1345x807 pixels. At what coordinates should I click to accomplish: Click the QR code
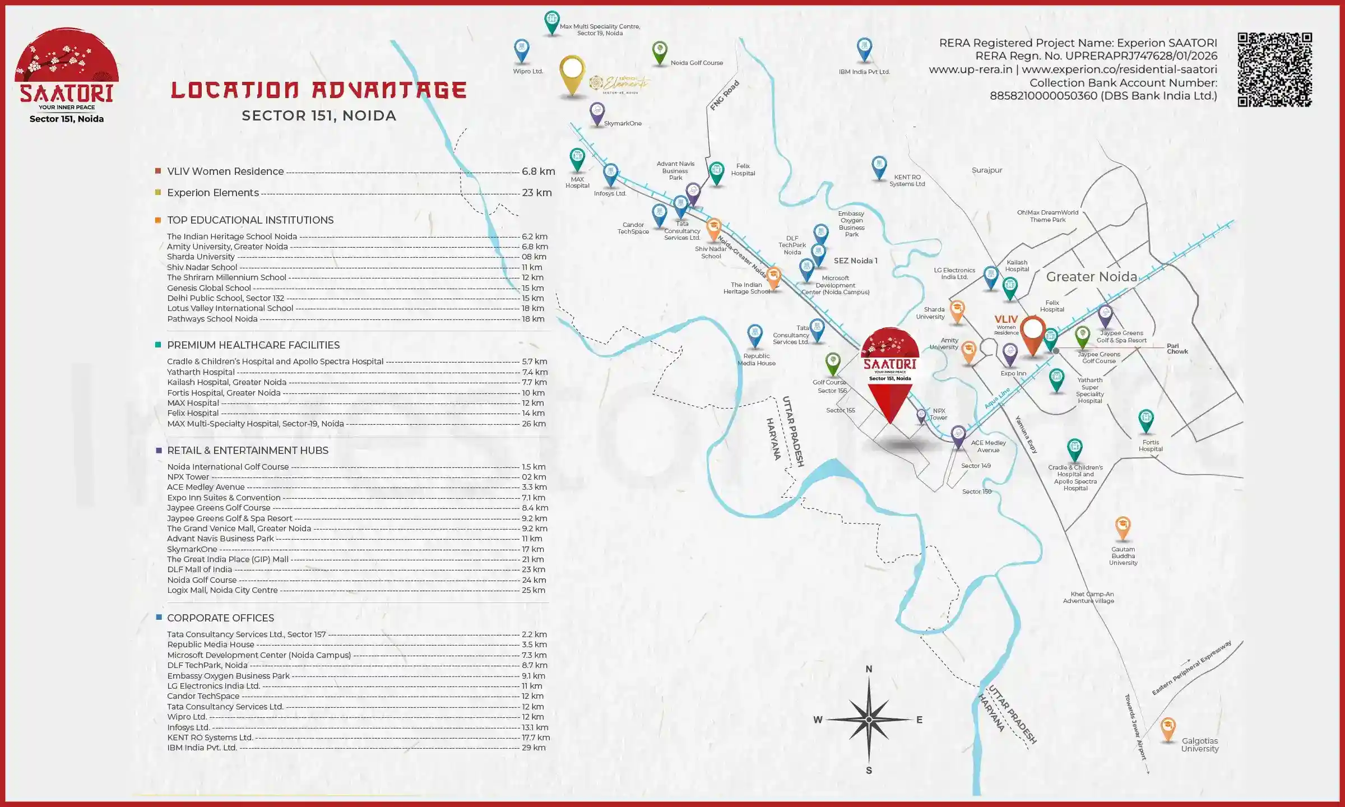click(1274, 69)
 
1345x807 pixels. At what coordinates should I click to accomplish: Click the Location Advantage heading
click(318, 90)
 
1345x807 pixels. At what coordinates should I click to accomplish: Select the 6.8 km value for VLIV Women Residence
click(538, 171)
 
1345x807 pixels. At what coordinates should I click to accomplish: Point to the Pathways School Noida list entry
click(212, 319)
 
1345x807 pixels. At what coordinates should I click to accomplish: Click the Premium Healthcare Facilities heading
click(253, 345)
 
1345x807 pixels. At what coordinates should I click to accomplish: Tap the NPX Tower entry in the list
click(188, 477)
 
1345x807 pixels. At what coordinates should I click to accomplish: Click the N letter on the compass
click(869, 669)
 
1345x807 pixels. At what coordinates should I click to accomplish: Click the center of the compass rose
click(869, 720)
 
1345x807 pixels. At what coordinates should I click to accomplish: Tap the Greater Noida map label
click(1092, 277)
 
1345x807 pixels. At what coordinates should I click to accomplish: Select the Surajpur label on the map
click(987, 170)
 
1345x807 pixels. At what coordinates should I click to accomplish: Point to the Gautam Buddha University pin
click(1123, 527)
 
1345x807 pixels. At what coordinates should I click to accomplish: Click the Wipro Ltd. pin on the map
click(522, 50)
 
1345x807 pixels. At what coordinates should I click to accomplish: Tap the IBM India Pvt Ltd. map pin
click(864, 49)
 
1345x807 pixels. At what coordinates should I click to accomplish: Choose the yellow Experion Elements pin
click(572, 73)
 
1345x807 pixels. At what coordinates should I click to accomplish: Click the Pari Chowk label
click(1177, 349)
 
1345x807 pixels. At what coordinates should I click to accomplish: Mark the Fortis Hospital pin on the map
click(1146, 420)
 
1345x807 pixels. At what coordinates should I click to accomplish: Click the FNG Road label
click(725, 95)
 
